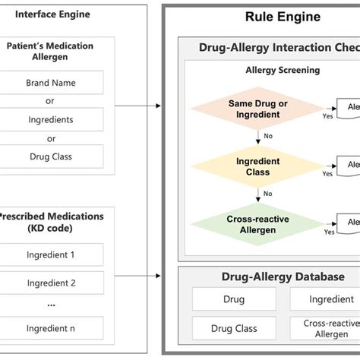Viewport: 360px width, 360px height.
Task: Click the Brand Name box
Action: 52,82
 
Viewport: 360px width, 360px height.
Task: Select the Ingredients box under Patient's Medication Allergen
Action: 52,119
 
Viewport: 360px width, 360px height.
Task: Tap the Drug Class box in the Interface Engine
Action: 52,156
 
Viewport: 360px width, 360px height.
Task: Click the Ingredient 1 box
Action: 52,255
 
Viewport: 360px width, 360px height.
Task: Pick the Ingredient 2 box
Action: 52,283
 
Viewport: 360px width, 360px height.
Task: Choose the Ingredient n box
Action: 52,328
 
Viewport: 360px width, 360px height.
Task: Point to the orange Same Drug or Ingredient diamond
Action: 258,108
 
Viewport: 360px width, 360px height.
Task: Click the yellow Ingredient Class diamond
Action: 258,166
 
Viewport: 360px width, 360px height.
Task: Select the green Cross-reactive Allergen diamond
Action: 258,224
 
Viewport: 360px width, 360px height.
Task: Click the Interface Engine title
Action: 52,14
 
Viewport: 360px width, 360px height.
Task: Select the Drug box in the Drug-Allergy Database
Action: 234,299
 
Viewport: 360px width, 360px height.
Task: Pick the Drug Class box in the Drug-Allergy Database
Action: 234,328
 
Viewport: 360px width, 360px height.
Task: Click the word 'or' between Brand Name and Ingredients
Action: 52,101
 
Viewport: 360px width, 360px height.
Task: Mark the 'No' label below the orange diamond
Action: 267,137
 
